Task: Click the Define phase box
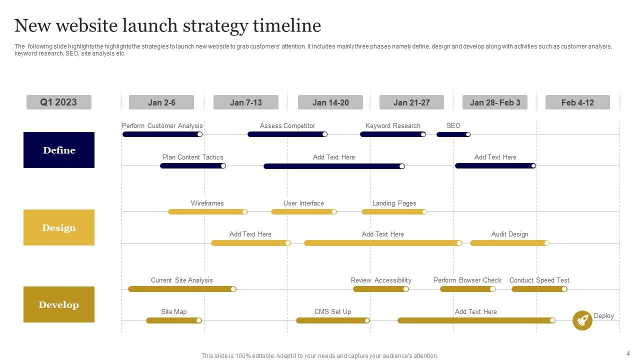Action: pos(59,150)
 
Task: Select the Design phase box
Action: pos(59,227)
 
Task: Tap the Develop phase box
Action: pos(59,304)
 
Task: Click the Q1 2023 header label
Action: pos(59,102)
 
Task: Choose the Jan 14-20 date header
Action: pos(330,102)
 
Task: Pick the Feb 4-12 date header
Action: pos(577,102)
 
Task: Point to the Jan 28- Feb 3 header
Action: pos(495,102)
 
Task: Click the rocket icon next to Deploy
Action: pos(582,320)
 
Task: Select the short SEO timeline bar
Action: pos(453,134)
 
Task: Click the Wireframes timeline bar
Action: pos(207,212)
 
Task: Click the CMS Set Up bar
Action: pos(332,320)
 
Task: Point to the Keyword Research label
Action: pos(392,125)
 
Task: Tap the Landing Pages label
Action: pos(394,203)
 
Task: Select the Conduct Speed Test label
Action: pos(539,280)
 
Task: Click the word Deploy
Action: pos(603,315)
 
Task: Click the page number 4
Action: pos(628,353)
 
